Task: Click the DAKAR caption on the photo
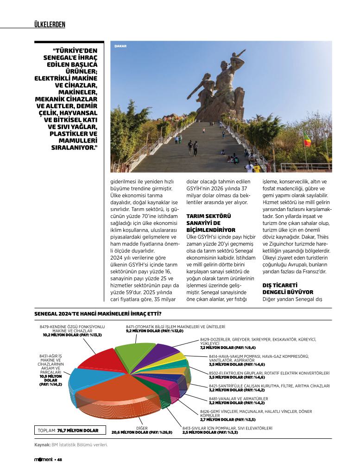tap(120, 46)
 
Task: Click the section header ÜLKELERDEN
tap(50, 25)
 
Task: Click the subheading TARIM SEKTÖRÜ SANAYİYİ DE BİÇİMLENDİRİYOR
tap(211, 223)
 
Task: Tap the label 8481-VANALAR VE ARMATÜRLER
tap(238, 399)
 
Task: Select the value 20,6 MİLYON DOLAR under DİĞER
tap(142, 432)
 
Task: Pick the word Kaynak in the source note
tap(42, 445)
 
